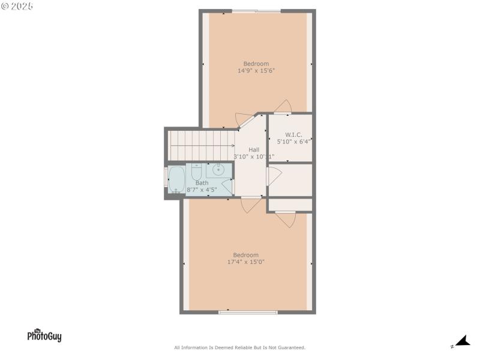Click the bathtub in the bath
(x=176, y=179)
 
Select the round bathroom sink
(x=219, y=169)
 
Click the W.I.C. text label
(x=293, y=134)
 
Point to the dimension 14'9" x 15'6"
(x=256, y=71)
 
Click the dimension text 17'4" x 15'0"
(x=246, y=262)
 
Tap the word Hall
(x=254, y=149)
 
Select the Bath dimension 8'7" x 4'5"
(x=202, y=190)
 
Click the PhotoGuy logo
(x=44, y=335)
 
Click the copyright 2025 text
(x=17, y=6)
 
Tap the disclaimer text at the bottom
(x=240, y=347)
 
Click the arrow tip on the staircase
(x=233, y=145)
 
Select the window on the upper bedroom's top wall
(x=256, y=11)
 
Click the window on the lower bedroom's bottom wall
(x=248, y=312)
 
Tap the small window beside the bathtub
(x=166, y=179)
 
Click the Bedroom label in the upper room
(x=256, y=64)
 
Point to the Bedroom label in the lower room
(x=246, y=254)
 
